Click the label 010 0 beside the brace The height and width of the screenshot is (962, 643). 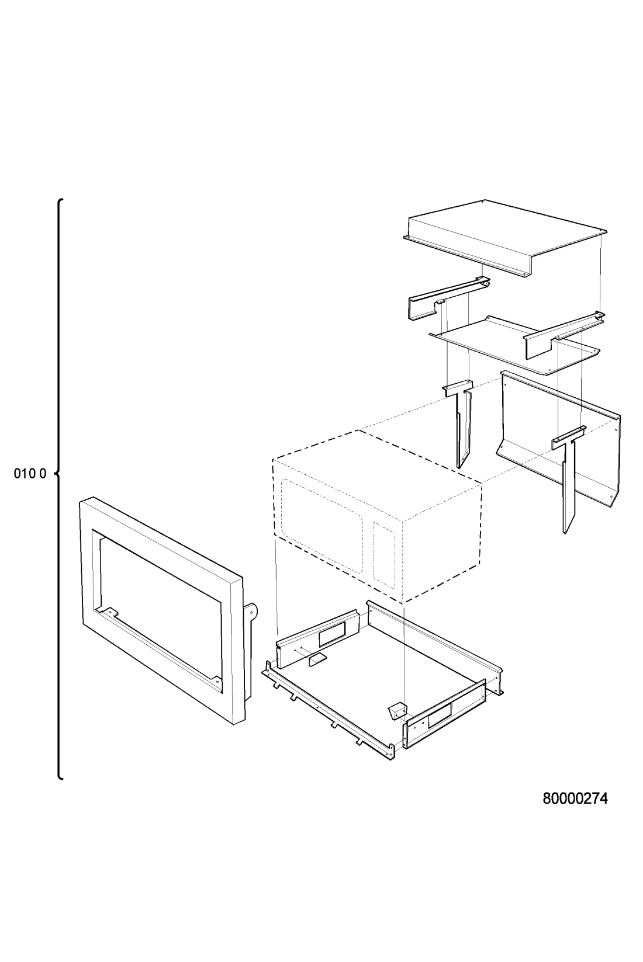(x=30, y=474)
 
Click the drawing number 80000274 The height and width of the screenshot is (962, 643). (x=576, y=798)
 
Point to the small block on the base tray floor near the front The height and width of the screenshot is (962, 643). (x=397, y=710)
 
